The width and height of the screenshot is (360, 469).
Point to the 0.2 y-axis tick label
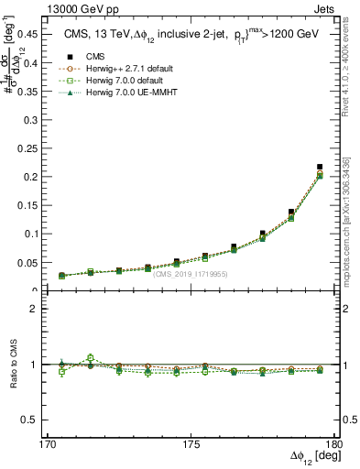point(32,177)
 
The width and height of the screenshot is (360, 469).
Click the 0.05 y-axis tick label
point(28,262)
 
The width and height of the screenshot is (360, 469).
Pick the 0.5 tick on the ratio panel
point(32,420)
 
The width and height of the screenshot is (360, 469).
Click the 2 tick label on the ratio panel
point(38,309)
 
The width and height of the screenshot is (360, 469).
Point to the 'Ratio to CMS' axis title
point(14,364)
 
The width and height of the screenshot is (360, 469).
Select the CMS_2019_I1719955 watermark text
point(191,274)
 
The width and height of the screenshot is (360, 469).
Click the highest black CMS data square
point(319,167)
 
